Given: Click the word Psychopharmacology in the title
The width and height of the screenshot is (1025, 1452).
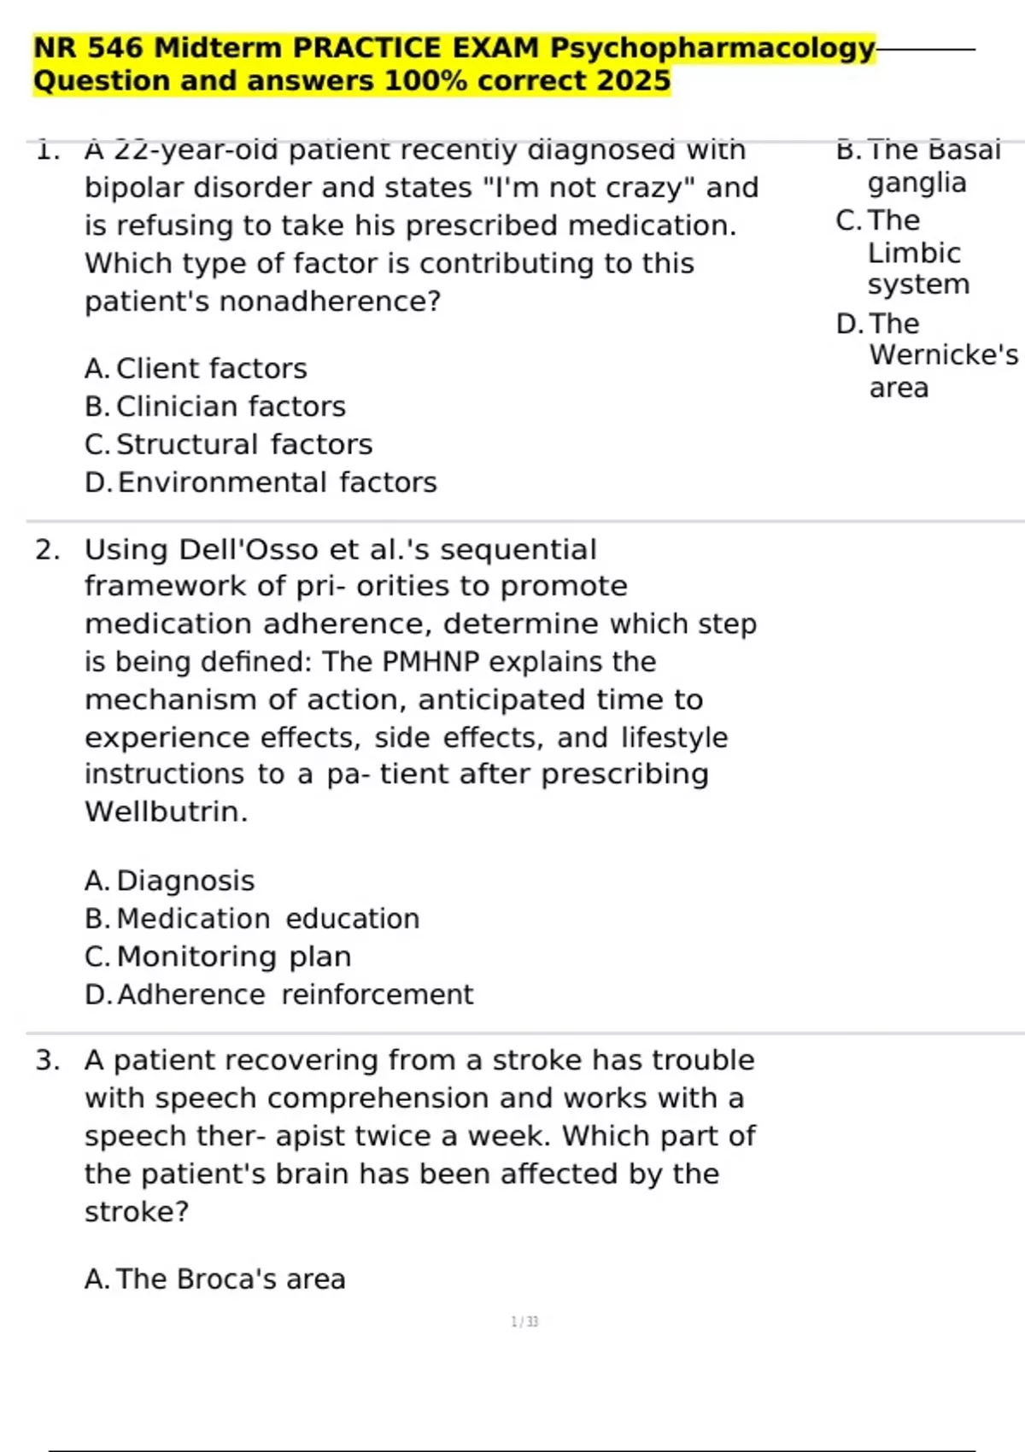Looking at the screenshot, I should pos(712,48).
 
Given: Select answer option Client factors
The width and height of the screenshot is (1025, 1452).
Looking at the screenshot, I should pos(211,369).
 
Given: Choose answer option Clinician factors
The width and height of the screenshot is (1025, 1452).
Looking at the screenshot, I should pos(231,407).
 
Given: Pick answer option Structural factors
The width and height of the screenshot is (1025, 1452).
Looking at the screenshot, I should pos(244,445).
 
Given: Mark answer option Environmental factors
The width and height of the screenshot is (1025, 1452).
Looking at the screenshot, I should pos(277,483).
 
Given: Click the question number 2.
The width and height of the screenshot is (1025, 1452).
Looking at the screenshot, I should pos(47,550).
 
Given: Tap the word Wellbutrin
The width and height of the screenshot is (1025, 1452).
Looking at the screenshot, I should pos(166,811).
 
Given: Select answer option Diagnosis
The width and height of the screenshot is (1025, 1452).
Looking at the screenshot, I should pos(185,881).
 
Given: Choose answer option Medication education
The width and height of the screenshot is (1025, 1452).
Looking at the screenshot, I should pos(267,919).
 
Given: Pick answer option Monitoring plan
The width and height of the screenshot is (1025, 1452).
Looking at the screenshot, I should pos(233,957).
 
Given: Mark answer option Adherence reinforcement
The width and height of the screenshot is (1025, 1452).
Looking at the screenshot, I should pos(295,995).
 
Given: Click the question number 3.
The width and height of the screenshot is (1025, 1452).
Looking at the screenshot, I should pos(47,1061).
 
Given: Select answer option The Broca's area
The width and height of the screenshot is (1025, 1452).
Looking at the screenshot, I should pos(231,1279).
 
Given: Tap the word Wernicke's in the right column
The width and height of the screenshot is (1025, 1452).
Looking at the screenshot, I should pos(943,355).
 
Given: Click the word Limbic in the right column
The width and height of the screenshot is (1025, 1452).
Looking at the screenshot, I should pos(914,254).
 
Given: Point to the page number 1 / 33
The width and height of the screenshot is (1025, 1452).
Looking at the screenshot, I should pos(524,1322).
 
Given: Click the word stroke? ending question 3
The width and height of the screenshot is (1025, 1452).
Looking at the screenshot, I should pos(137,1212).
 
